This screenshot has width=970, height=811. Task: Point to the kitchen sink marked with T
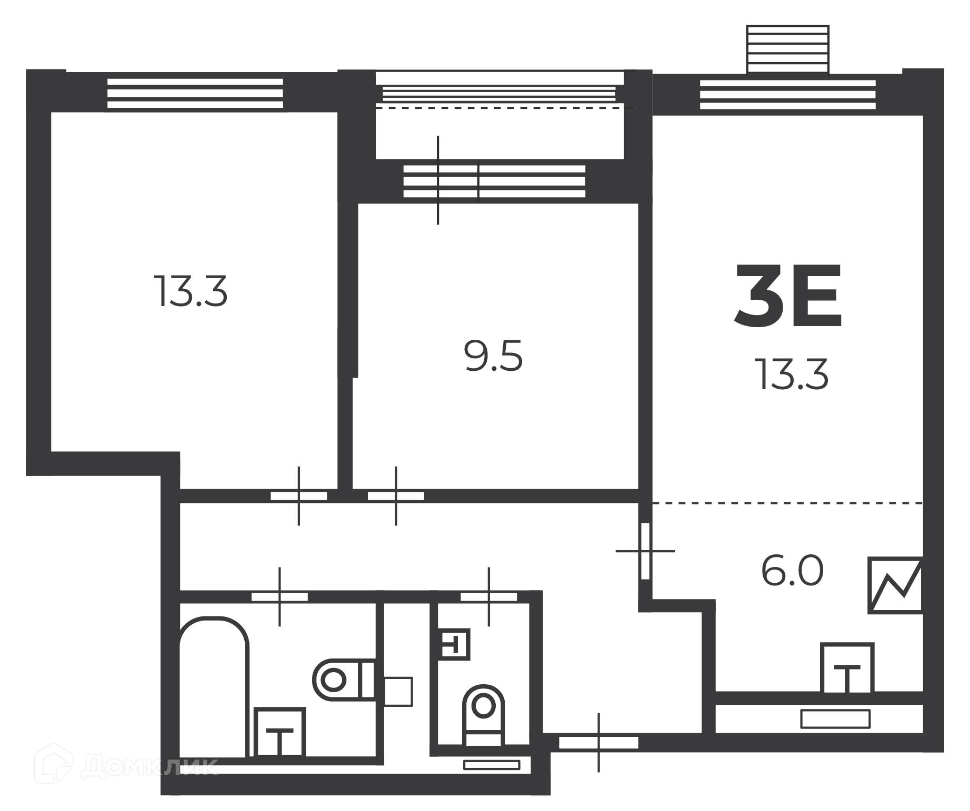847,668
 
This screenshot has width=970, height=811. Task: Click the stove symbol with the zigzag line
895,585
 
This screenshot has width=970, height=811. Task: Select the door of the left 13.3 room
299,495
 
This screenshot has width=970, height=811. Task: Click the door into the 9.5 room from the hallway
396,495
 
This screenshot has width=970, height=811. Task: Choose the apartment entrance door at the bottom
598,743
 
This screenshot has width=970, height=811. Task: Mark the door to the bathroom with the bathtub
279,596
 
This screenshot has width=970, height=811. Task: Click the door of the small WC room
489,596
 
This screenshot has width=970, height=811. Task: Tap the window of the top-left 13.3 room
195,94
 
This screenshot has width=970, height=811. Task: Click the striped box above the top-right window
788,49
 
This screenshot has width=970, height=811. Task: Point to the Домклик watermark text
126,766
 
